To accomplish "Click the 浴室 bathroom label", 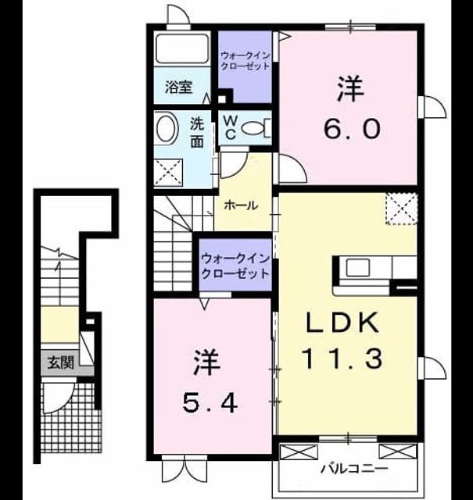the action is click(x=178, y=87).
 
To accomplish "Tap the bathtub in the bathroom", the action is click(x=182, y=48).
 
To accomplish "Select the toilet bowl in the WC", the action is click(x=253, y=128).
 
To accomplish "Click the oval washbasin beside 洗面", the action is click(x=167, y=128).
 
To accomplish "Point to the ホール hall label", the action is click(x=241, y=205).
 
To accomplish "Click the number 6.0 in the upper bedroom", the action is click(x=352, y=128).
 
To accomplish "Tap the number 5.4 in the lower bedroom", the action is click(x=210, y=403).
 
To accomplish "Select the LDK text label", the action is click(x=342, y=323).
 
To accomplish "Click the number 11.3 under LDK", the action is click(x=342, y=359).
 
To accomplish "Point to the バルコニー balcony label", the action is click(x=354, y=469).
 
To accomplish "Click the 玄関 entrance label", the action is click(x=61, y=362).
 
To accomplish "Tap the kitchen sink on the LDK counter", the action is click(x=358, y=267).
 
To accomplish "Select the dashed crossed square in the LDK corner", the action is click(x=402, y=209).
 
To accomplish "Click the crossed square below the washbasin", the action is click(x=169, y=173).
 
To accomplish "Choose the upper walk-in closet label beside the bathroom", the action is click(x=245, y=61).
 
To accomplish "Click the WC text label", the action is click(x=231, y=128).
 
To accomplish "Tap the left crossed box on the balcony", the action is click(x=299, y=452).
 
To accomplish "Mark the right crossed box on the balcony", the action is click(x=398, y=452).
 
